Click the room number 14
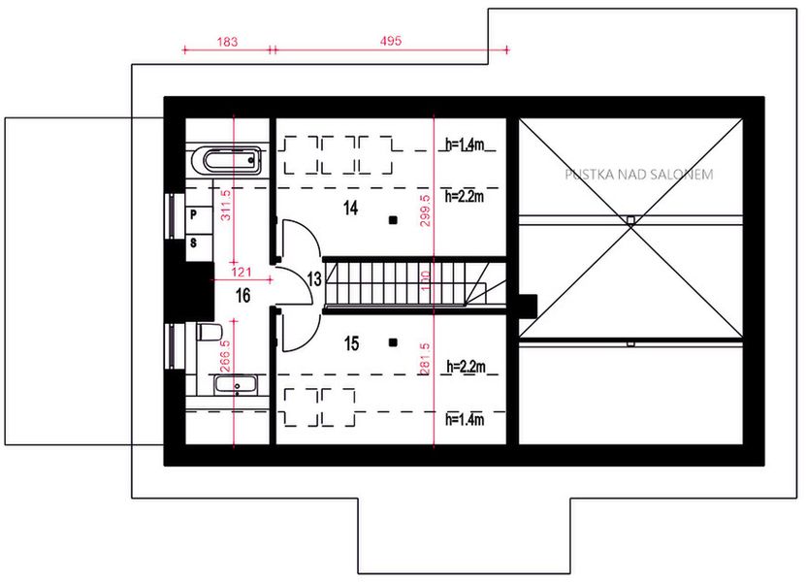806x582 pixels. point(351,207)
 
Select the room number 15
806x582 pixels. point(351,342)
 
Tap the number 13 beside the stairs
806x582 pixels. point(314,279)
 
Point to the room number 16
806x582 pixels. point(242,296)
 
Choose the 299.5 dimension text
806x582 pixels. point(427,205)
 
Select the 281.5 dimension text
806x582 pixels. point(427,360)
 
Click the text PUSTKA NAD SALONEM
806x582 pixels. point(639,176)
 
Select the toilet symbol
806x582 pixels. point(207,334)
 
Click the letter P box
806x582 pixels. point(194,212)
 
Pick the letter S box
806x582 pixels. point(194,242)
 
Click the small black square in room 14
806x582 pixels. point(393,220)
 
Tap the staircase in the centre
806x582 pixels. point(407,285)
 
